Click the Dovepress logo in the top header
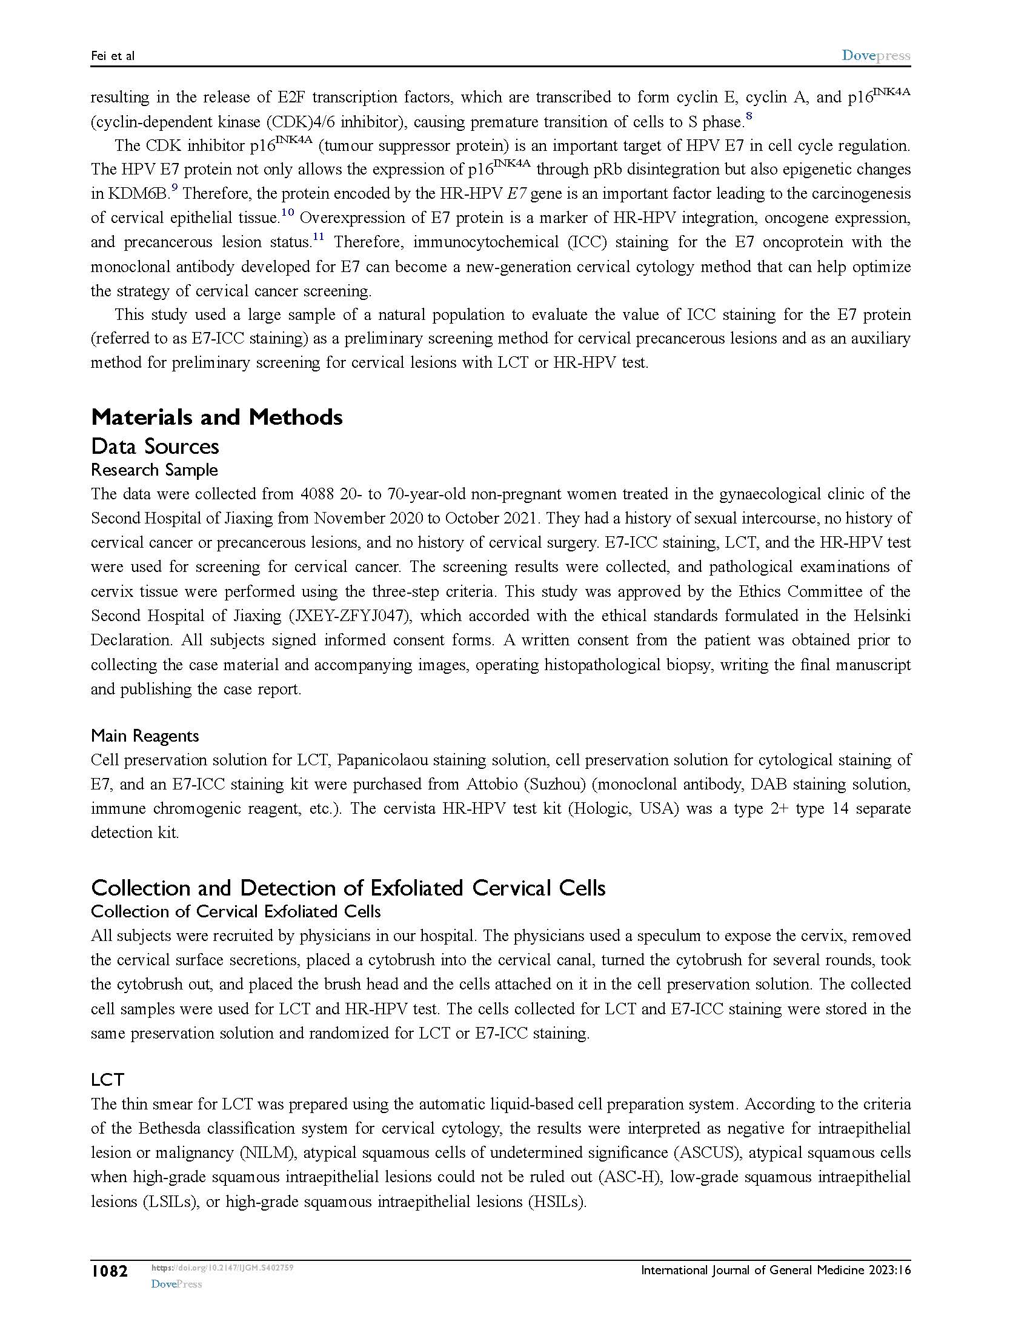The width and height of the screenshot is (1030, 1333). tap(875, 56)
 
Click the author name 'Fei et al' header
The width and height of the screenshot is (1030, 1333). tap(112, 56)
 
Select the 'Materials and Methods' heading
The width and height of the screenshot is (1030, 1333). tap(217, 417)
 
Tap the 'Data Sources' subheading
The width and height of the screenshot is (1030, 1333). tap(155, 446)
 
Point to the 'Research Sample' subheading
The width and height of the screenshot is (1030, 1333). tap(154, 470)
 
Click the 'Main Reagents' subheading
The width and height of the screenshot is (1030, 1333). tap(145, 736)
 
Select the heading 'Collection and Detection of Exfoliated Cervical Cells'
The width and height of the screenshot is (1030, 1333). tap(348, 888)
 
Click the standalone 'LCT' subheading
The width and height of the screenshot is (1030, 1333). tap(107, 1080)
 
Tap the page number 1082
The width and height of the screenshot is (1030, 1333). tap(110, 1272)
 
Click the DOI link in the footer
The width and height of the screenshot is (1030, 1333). tap(222, 1268)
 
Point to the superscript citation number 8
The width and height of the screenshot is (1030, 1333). tap(749, 115)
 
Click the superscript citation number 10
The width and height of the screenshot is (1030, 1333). tap(287, 212)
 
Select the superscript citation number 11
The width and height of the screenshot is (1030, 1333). tap(318, 236)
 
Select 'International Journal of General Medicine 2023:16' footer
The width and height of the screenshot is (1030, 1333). tap(776, 1271)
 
